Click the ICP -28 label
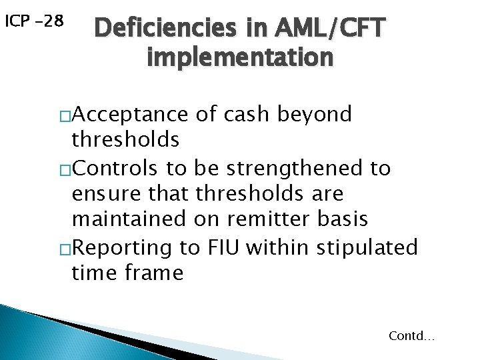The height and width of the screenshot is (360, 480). pyautogui.click(x=34, y=21)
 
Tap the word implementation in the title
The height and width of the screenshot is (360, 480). pyautogui.click(x=239, y=57)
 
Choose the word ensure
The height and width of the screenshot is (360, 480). pyautogui.click(x=104, y=194)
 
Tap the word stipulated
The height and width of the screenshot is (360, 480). pyautogui.click(x=367, y=247)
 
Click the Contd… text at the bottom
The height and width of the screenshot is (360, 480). pyautogui.click(x=411, y=336)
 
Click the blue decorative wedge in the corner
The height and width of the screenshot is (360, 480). pyautogui.click(x=40, y=333)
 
